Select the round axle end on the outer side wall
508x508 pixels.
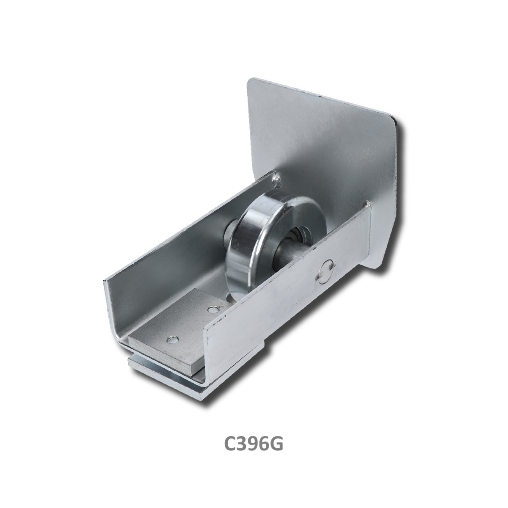click(326, 275)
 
